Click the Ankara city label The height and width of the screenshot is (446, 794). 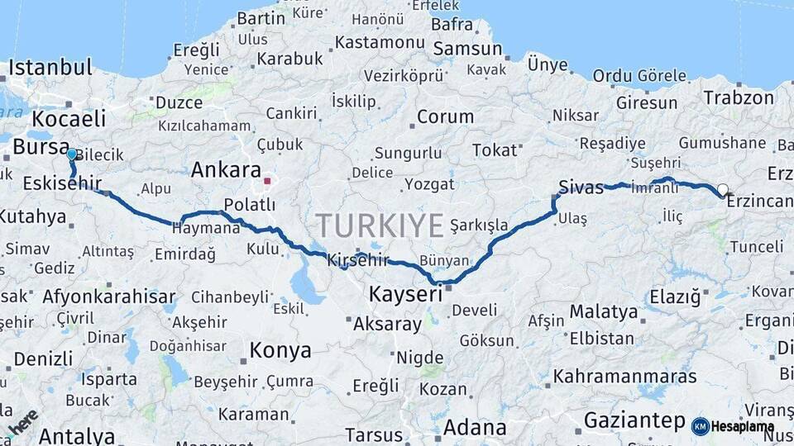[x=226, y=170]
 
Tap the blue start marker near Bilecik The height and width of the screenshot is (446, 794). [x=72, y=154]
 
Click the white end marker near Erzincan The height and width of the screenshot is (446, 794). [x=723, y=190]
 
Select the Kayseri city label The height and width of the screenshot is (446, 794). [x=405, y=294]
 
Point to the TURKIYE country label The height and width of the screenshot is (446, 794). [x=380, y=225]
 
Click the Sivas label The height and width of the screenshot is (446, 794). [x=581, y=187]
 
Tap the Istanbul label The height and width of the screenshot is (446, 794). [x=50, y=68]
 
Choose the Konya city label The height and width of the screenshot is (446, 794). [x=280, y=350]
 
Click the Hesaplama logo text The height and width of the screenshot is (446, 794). [x=742, y=426]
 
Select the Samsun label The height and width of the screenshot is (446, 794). [x=467, y=49]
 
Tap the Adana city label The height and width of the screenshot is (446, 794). [x=475, y=428]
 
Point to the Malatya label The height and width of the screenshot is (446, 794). [x=604, y=312]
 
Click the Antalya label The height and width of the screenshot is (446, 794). [x=76, y=435]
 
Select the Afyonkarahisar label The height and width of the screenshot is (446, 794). [x=108, y=297]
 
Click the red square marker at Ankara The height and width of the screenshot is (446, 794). [x=267, y=179]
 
